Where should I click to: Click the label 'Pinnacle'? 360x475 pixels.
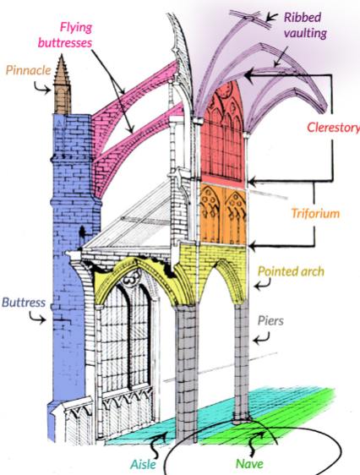pos(27,69)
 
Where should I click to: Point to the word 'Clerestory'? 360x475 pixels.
pos(332,128)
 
